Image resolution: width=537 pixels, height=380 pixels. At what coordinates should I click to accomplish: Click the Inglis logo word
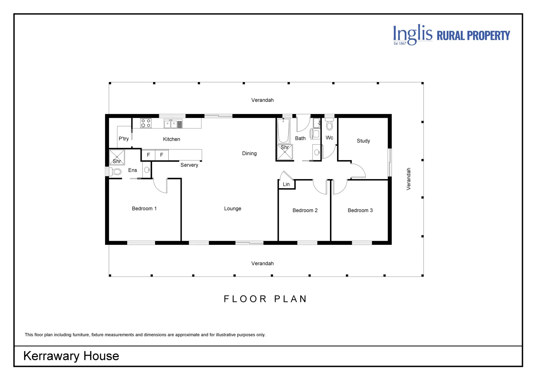(413, 34)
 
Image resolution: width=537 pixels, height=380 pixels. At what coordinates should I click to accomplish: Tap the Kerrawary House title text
(71, 356)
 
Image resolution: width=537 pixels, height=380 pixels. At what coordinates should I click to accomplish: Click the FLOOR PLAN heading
(265, 299)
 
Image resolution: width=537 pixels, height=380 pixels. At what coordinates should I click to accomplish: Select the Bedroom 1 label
(144, 208)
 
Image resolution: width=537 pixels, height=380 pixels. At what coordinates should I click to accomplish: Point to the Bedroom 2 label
(305, 210)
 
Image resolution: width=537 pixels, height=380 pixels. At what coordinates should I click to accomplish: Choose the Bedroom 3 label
(360, 210)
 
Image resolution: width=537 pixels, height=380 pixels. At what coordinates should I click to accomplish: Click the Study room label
(363, 141)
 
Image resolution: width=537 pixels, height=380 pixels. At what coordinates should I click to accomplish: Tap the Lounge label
(233, 209)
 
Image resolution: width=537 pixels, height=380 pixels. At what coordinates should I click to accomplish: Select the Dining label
(249, 153)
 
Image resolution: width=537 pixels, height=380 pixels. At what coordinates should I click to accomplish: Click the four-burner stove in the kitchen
(146, 123)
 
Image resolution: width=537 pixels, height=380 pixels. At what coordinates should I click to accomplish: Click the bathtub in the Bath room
(284, 131)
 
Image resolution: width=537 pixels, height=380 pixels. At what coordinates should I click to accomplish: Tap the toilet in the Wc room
(330, 124)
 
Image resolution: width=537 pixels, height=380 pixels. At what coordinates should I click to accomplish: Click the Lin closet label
(286, 184)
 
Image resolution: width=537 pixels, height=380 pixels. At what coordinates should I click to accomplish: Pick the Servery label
(189, 165)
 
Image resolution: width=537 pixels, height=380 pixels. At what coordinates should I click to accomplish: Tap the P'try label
(124, 139)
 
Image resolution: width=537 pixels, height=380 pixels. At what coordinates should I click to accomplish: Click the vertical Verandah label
(408, 179)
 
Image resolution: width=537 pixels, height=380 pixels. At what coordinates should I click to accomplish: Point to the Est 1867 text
(400, 43)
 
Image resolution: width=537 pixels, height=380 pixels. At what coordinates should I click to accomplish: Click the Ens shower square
(117, 157)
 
